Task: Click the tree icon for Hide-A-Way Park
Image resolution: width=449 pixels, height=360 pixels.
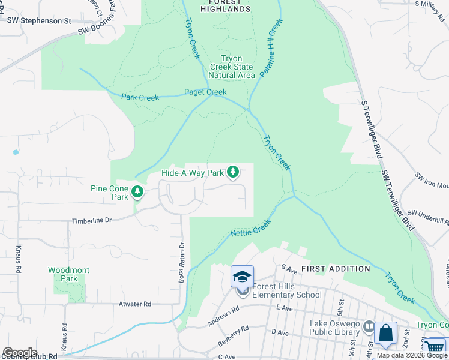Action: pyautogui.click(x=233, y=173)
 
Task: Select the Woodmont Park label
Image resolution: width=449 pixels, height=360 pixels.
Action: pyautogui.click(x=69, y=274)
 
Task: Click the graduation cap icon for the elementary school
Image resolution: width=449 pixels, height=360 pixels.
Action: pyautogui.click(x=242, y=277)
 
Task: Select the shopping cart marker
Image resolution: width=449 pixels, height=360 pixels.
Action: pyautogui.click(x=434, y=347)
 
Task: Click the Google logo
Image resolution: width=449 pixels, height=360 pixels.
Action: pyautogui.click(x=19, y=353)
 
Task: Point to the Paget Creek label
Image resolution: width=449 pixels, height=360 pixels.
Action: pyautogui.click(x=205, y=92)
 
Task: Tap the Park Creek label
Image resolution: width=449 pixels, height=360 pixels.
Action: pyautogui.click(x=140, y=97)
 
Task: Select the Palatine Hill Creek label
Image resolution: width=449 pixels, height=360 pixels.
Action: pyautogui.click(x=271, y=48)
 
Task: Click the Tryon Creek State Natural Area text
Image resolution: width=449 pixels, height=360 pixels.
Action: pyautogui.click(x=231, y=67)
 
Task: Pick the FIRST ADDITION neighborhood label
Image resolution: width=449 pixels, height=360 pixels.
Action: pyautogui.click(x=336, y=269)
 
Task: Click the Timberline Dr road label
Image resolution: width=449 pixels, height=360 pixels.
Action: pyautogui.click(x=92, y=221)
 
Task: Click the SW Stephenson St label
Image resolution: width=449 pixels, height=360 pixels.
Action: pyautogui.click(x=39, y=20)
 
